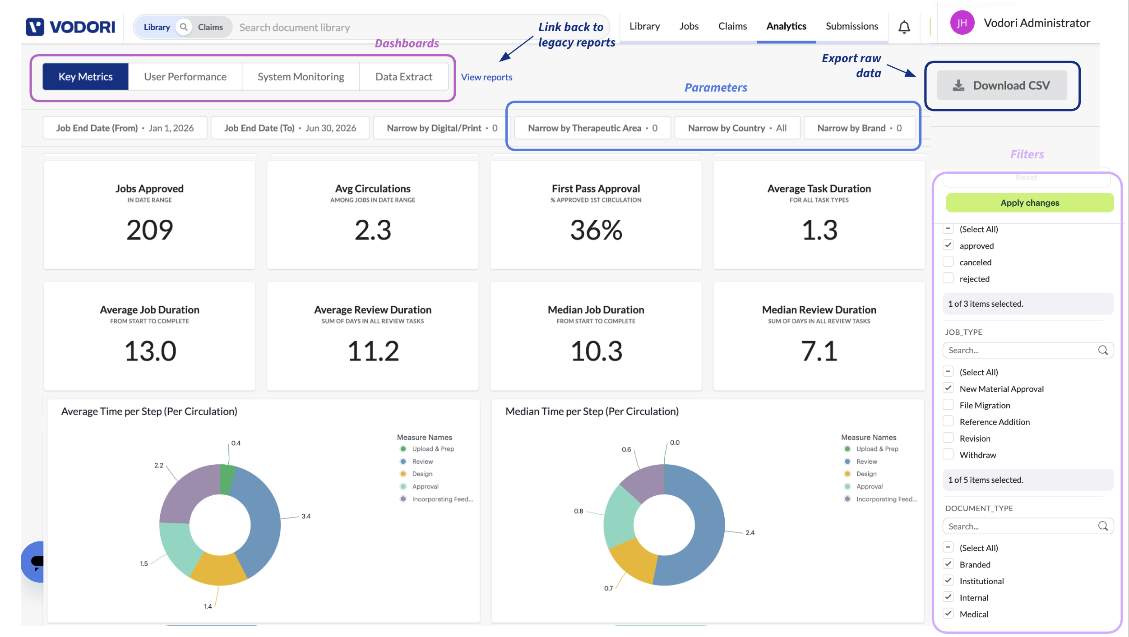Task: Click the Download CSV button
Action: pos(1002,85)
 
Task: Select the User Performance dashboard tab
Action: pos(185,77)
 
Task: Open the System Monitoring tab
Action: pos(301,77)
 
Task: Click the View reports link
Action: pos(486,77)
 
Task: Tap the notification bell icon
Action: pos(904,27)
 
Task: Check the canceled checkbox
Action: pos(948,262)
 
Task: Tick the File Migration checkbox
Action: pos(948,405)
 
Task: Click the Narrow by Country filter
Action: pos(737,128)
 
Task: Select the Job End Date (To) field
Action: pos(290,128)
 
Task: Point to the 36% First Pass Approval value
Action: pos(596,230)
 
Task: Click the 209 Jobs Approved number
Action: pos(149,230)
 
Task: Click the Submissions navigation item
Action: pos(852,26)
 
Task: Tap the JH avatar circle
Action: pos(962,23)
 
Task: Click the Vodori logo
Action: pos(70,27)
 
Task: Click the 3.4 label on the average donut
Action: pos(306,516)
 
